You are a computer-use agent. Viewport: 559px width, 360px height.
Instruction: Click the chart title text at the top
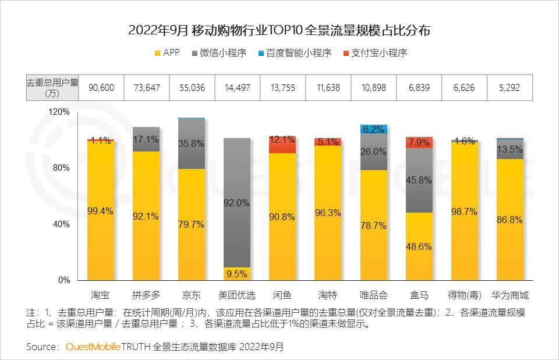[x=279, y=31]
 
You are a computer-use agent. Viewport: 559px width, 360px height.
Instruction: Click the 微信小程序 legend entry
[x=219, y=53]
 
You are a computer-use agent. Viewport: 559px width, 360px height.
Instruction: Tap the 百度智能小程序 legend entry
[x=294, y=53]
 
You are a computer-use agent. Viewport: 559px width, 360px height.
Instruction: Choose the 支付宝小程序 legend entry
[x=375, y=53]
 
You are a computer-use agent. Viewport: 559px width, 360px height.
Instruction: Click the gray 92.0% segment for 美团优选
[x=237, y=203]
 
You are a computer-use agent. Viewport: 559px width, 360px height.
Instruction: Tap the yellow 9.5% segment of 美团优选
[x=237, y=273]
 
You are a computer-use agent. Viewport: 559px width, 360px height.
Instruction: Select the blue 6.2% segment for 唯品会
[x=373, y=129]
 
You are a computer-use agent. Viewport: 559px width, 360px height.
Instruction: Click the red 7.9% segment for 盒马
[x=419, y=143]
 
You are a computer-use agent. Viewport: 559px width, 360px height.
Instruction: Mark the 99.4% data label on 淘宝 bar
[x=101, y=211]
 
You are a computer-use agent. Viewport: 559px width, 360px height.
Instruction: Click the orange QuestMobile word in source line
[x=92, y=347]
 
